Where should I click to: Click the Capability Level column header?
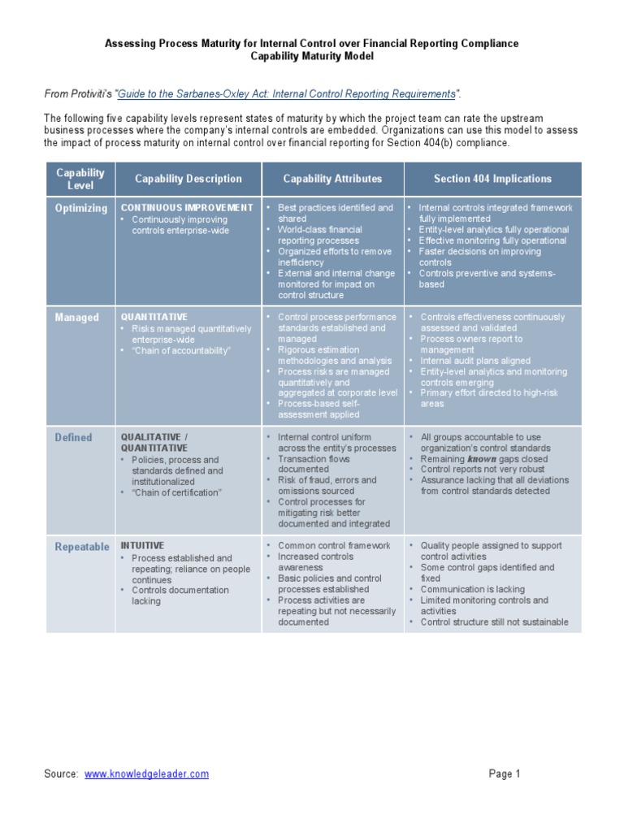80,179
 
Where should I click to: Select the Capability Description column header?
188,179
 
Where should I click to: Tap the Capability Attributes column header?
332,179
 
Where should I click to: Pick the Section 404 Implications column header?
492,179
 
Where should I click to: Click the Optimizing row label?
80,208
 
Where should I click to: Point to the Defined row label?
73,437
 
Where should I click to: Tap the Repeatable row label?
81,547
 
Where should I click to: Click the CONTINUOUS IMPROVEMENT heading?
187,208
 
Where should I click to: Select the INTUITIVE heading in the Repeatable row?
142,546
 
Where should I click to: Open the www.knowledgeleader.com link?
146,774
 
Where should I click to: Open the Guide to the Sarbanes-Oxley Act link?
287,94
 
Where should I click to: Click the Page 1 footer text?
504,774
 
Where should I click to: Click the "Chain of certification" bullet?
176,492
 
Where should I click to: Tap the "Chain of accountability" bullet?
181,350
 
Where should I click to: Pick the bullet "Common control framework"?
334,546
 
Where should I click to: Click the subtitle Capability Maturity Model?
312,57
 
